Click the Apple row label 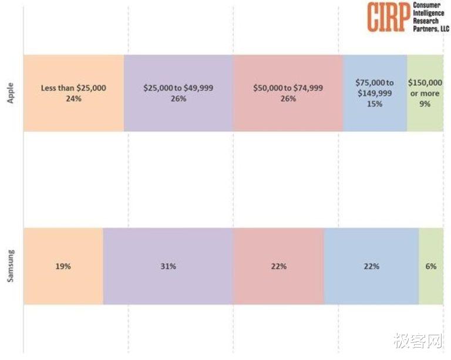pyautogui.click(x=10, y=93)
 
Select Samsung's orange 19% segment pyautogui.click(x=63, y=282)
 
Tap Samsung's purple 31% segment pyautogui.click(x=168, y=282)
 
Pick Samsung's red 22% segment pyautogui.click(x=278, y=282)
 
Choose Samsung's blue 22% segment pyautogui.click(x=371, y=282)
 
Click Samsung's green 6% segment pyautogui.click(x=431, y=282)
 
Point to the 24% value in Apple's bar pyautogui.click(x=73, y=99)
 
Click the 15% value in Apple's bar pyautogui.click(x=375, y=104)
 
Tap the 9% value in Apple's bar pyautogui.click(x=425, y=104)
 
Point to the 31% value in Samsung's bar pyautogui.click(x=168, y=266)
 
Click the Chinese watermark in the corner pyautogui.click(x=418, y=342)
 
